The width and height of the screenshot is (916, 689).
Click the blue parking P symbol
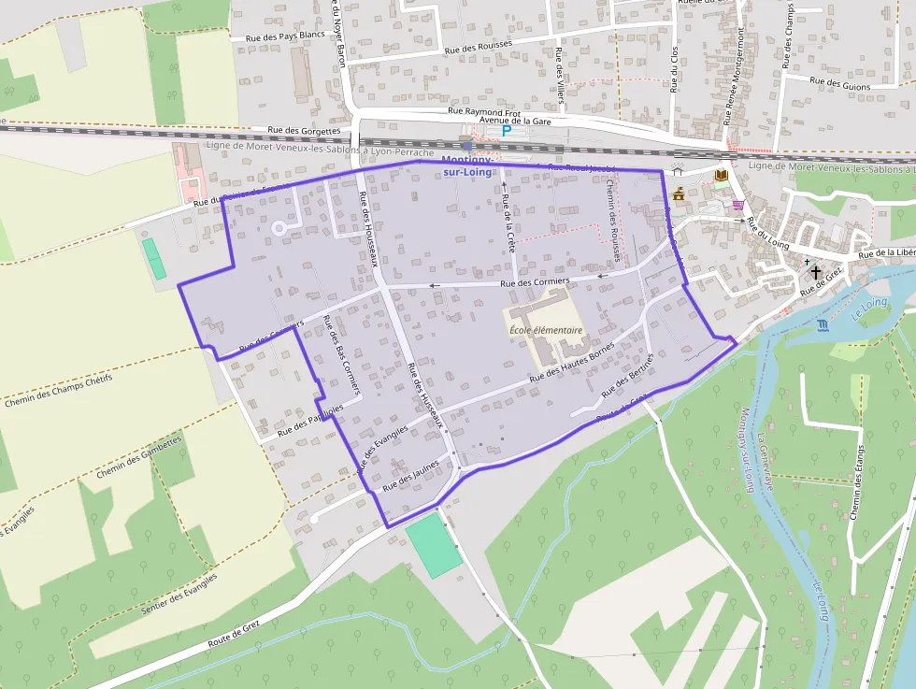click(507, 132)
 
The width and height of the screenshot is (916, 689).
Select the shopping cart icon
click(738, 205)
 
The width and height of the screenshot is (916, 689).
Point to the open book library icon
click(721, 175)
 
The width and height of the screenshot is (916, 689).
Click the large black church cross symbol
click(816, 272)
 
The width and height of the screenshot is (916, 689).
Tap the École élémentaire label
click(546, 330)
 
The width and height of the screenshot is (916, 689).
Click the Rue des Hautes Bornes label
click(571, 365)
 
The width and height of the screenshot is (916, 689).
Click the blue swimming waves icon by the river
click(822, 325)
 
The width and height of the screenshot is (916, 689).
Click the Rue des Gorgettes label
click(304, 131)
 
